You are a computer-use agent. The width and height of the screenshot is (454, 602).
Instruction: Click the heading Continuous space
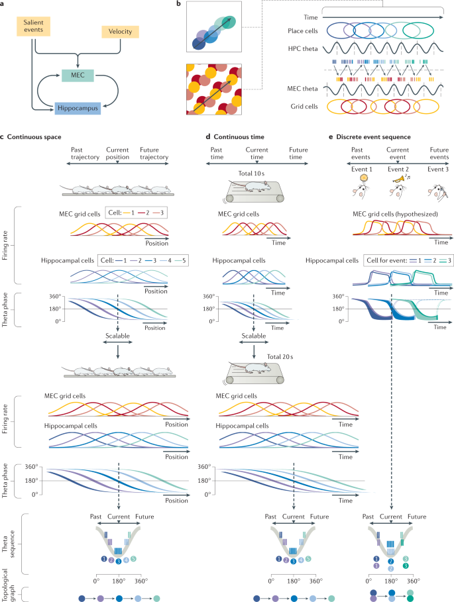pos(39,138)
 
